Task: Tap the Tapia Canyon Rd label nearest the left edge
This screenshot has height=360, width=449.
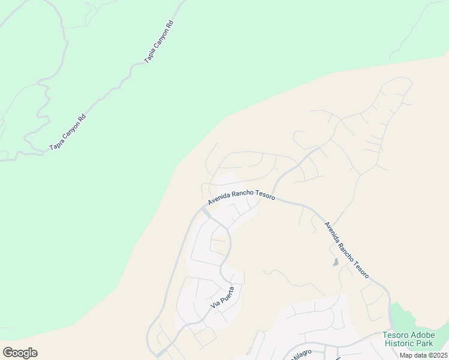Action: (68, 132)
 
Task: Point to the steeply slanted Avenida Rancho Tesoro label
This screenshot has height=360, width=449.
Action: (347, 250)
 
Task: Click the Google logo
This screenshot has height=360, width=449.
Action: (20, 353)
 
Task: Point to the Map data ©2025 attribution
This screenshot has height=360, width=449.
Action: (423, 355)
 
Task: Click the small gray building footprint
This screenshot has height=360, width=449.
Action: (335, 262)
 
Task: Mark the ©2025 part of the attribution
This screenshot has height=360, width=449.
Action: (436, 355)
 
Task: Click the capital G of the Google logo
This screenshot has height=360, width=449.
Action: (8, 353)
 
